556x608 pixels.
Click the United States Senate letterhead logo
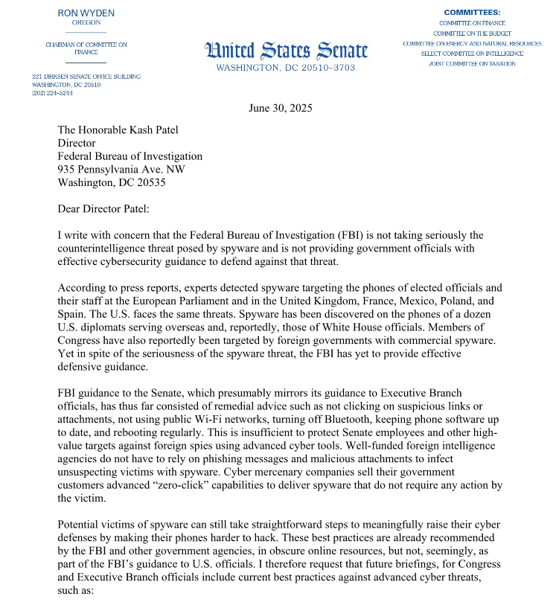[x=286, y=51]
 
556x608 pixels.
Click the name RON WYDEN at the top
[x=86, y=13]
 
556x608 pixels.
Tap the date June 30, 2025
[x=280, y=108]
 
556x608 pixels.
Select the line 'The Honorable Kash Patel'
[x=118, y=129]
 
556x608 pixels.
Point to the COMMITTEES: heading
[x=472, y=13]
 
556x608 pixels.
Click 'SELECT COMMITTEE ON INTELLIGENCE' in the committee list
[x=472, y=54]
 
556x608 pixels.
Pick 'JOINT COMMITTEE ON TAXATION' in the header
[x=472, y=64]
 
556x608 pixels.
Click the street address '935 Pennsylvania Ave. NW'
[x=121, y=170]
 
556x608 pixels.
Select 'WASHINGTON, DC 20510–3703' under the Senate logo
[x=286, y=68]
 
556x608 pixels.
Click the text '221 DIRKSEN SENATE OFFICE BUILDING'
[x=86, y=77]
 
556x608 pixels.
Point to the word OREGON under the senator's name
[x=86, y=22]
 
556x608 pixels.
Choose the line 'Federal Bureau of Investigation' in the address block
[x=130, y=156]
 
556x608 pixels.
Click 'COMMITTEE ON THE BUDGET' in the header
[x=472, y=33]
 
